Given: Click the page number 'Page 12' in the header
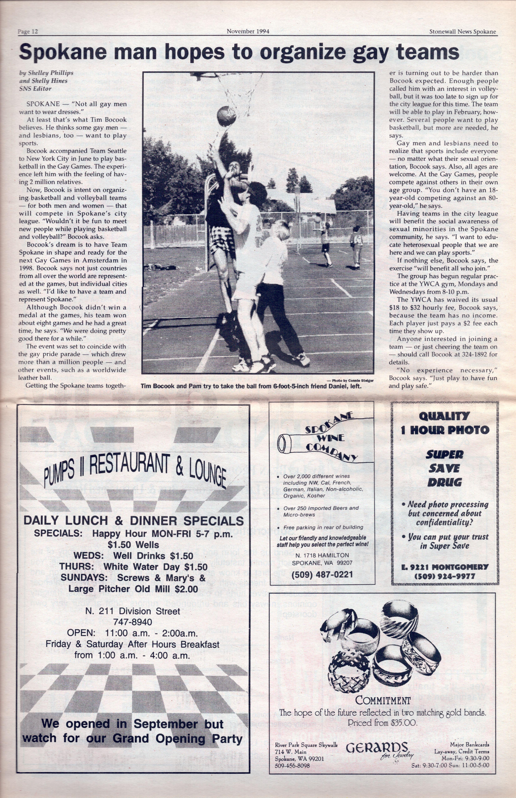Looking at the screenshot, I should point(28,32).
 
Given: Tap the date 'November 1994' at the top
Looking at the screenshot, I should point(248,31).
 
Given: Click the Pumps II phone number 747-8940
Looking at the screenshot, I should point(133,622).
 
